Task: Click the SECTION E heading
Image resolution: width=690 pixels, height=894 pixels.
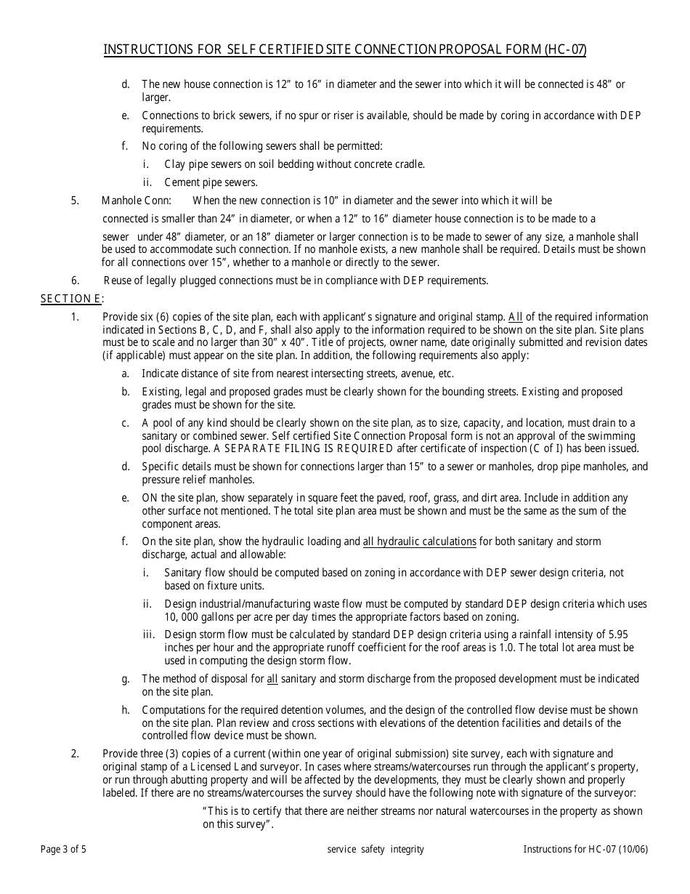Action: (x=71, y=298)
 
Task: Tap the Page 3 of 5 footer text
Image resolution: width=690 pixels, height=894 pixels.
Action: (x=64, y=849)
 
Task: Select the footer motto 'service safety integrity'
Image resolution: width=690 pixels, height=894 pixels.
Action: (x=376, y=849)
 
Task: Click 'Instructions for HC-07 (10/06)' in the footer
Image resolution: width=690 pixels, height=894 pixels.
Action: (x=585, y=849)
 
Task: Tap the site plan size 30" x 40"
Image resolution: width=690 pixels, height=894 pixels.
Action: (x=304, y=343)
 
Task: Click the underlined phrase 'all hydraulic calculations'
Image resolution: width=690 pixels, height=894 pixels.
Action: (x=419, y=541)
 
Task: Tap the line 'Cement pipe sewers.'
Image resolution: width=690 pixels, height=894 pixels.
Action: (x=211, y=182)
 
